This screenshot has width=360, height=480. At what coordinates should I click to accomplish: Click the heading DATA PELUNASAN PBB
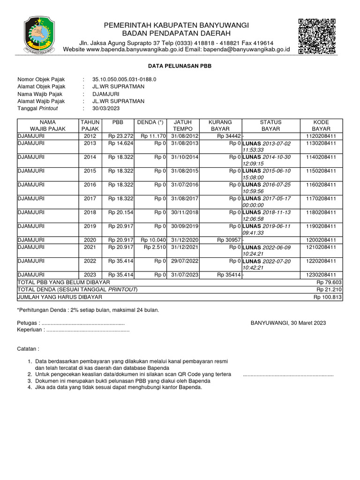tap(180, 67)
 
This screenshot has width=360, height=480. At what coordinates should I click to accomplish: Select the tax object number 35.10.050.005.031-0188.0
tap(124, 80)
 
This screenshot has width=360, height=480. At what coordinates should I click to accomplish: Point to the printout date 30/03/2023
tap(106, 108)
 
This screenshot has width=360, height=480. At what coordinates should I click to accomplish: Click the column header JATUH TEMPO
tap(182, 125)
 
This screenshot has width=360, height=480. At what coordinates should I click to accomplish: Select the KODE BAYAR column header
tap(321, 125)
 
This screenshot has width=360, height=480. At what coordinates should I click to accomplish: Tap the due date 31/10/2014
tap(185, 157)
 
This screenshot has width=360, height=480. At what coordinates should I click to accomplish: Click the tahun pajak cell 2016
tap(90, 185)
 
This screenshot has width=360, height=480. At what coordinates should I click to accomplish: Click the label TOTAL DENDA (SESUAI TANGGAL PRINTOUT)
tap(77, 290)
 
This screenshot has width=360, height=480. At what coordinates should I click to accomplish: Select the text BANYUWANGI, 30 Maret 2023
tap(288, 323)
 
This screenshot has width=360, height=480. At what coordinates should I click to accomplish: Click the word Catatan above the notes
tap(28, 349)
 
